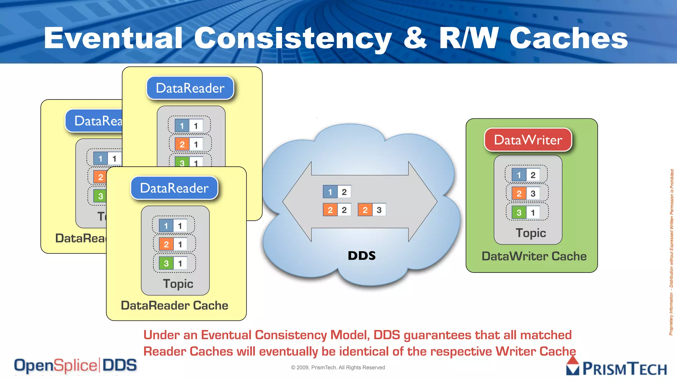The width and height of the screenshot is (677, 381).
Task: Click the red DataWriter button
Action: pos(528,140)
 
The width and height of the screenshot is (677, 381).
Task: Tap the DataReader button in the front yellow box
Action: pos(174,188)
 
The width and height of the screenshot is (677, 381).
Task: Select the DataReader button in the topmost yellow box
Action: pos(190,88)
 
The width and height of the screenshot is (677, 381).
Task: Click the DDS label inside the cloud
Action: pos(362,256)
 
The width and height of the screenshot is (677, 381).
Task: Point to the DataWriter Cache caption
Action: pos(534,256)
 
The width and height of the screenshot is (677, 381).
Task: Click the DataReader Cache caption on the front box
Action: pos(175,306)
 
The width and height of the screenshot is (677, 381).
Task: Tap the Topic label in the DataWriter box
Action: pos(531,233)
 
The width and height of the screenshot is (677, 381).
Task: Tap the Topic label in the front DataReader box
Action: pos(178,284)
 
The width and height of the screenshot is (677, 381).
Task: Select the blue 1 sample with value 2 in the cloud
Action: pos(337,192)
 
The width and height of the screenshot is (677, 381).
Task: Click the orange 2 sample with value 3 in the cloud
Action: pos(372,210)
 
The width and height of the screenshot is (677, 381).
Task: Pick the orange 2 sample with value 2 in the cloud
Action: pos(337,210)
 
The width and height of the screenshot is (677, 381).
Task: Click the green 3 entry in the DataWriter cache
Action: pos(526,213)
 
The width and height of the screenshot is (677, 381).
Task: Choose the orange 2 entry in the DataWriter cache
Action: pos(526,193)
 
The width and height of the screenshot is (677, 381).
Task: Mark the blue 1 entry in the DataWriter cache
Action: pos(526,175)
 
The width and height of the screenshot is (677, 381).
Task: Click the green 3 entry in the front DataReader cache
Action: pos(173,264)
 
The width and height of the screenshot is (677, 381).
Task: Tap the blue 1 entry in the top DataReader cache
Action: pos(189,126)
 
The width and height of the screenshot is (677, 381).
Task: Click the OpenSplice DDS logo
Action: pos(75,365)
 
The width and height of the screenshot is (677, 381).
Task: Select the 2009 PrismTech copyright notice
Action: pos(338,367)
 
